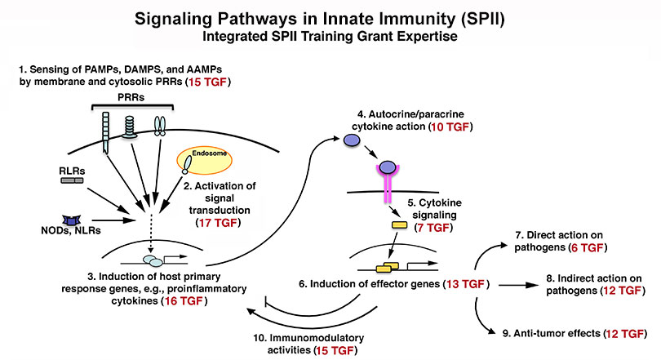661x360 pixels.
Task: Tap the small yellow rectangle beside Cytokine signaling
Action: tap(400, 224)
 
